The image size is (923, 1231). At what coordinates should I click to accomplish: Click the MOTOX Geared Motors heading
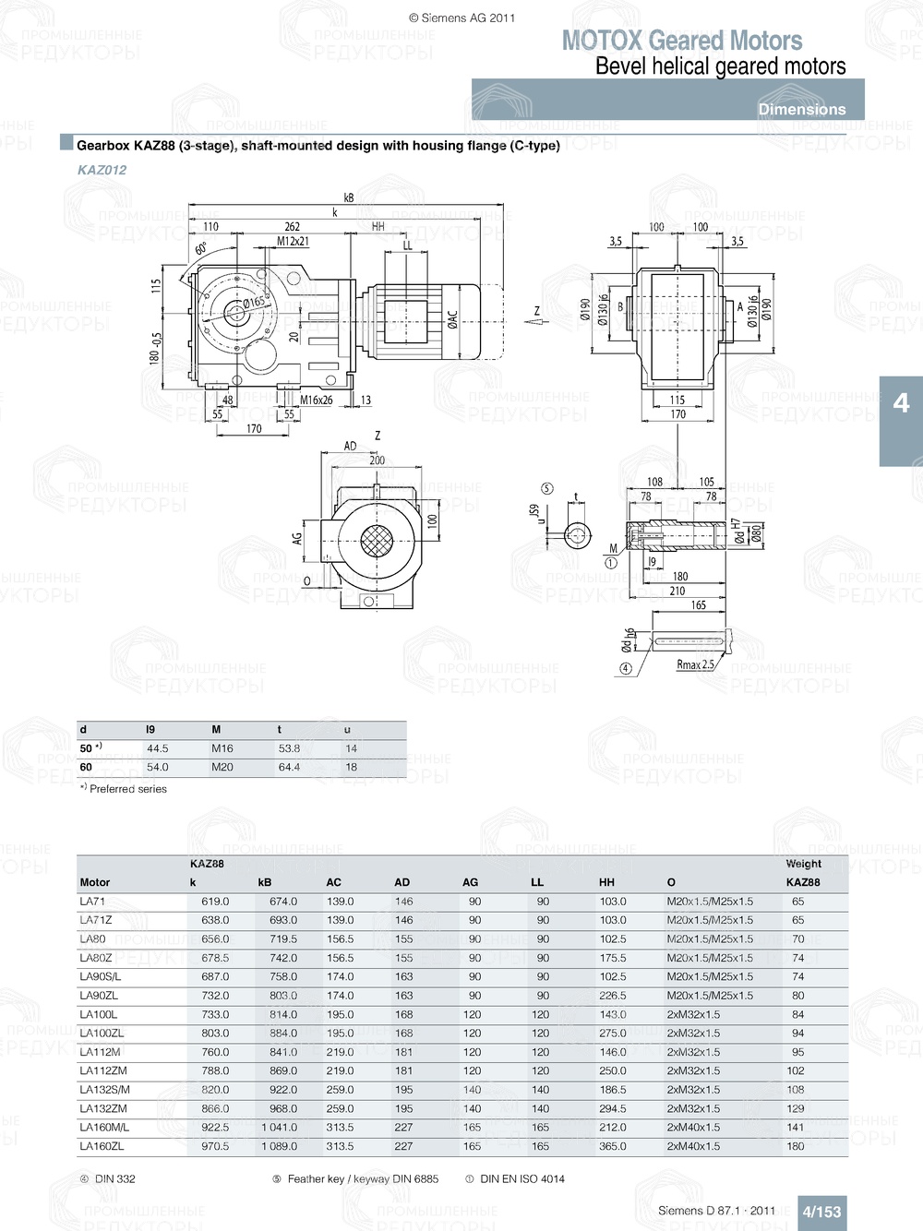681,41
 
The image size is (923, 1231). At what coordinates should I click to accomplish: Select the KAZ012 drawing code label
102,170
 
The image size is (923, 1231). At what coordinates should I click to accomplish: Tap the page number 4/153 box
821,1212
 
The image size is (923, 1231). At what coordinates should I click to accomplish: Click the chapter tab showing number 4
901,403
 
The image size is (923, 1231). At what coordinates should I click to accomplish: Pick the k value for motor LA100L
214,1014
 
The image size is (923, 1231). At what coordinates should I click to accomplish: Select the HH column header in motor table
606,882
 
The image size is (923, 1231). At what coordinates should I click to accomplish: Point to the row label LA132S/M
104,1090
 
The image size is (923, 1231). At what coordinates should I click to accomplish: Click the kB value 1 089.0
279,1146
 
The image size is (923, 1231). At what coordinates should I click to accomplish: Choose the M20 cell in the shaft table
222,767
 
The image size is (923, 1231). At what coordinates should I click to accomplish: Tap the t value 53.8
289,748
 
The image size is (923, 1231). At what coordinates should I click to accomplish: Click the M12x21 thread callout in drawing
293,242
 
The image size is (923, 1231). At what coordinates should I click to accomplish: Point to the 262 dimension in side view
292,226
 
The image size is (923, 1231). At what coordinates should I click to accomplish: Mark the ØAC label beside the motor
452,319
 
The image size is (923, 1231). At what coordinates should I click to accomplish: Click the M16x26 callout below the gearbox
316,400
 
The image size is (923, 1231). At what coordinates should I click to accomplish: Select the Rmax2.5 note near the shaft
695,664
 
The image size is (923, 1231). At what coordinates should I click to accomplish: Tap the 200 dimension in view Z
377,460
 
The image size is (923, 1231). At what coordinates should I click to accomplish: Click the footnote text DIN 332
114,1178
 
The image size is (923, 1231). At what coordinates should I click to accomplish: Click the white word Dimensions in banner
801,109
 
